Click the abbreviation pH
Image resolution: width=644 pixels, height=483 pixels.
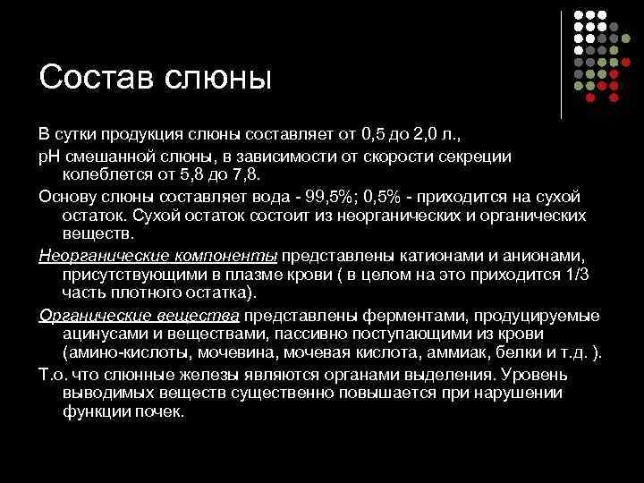48,155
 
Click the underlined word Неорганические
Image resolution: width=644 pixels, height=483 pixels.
94,255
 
